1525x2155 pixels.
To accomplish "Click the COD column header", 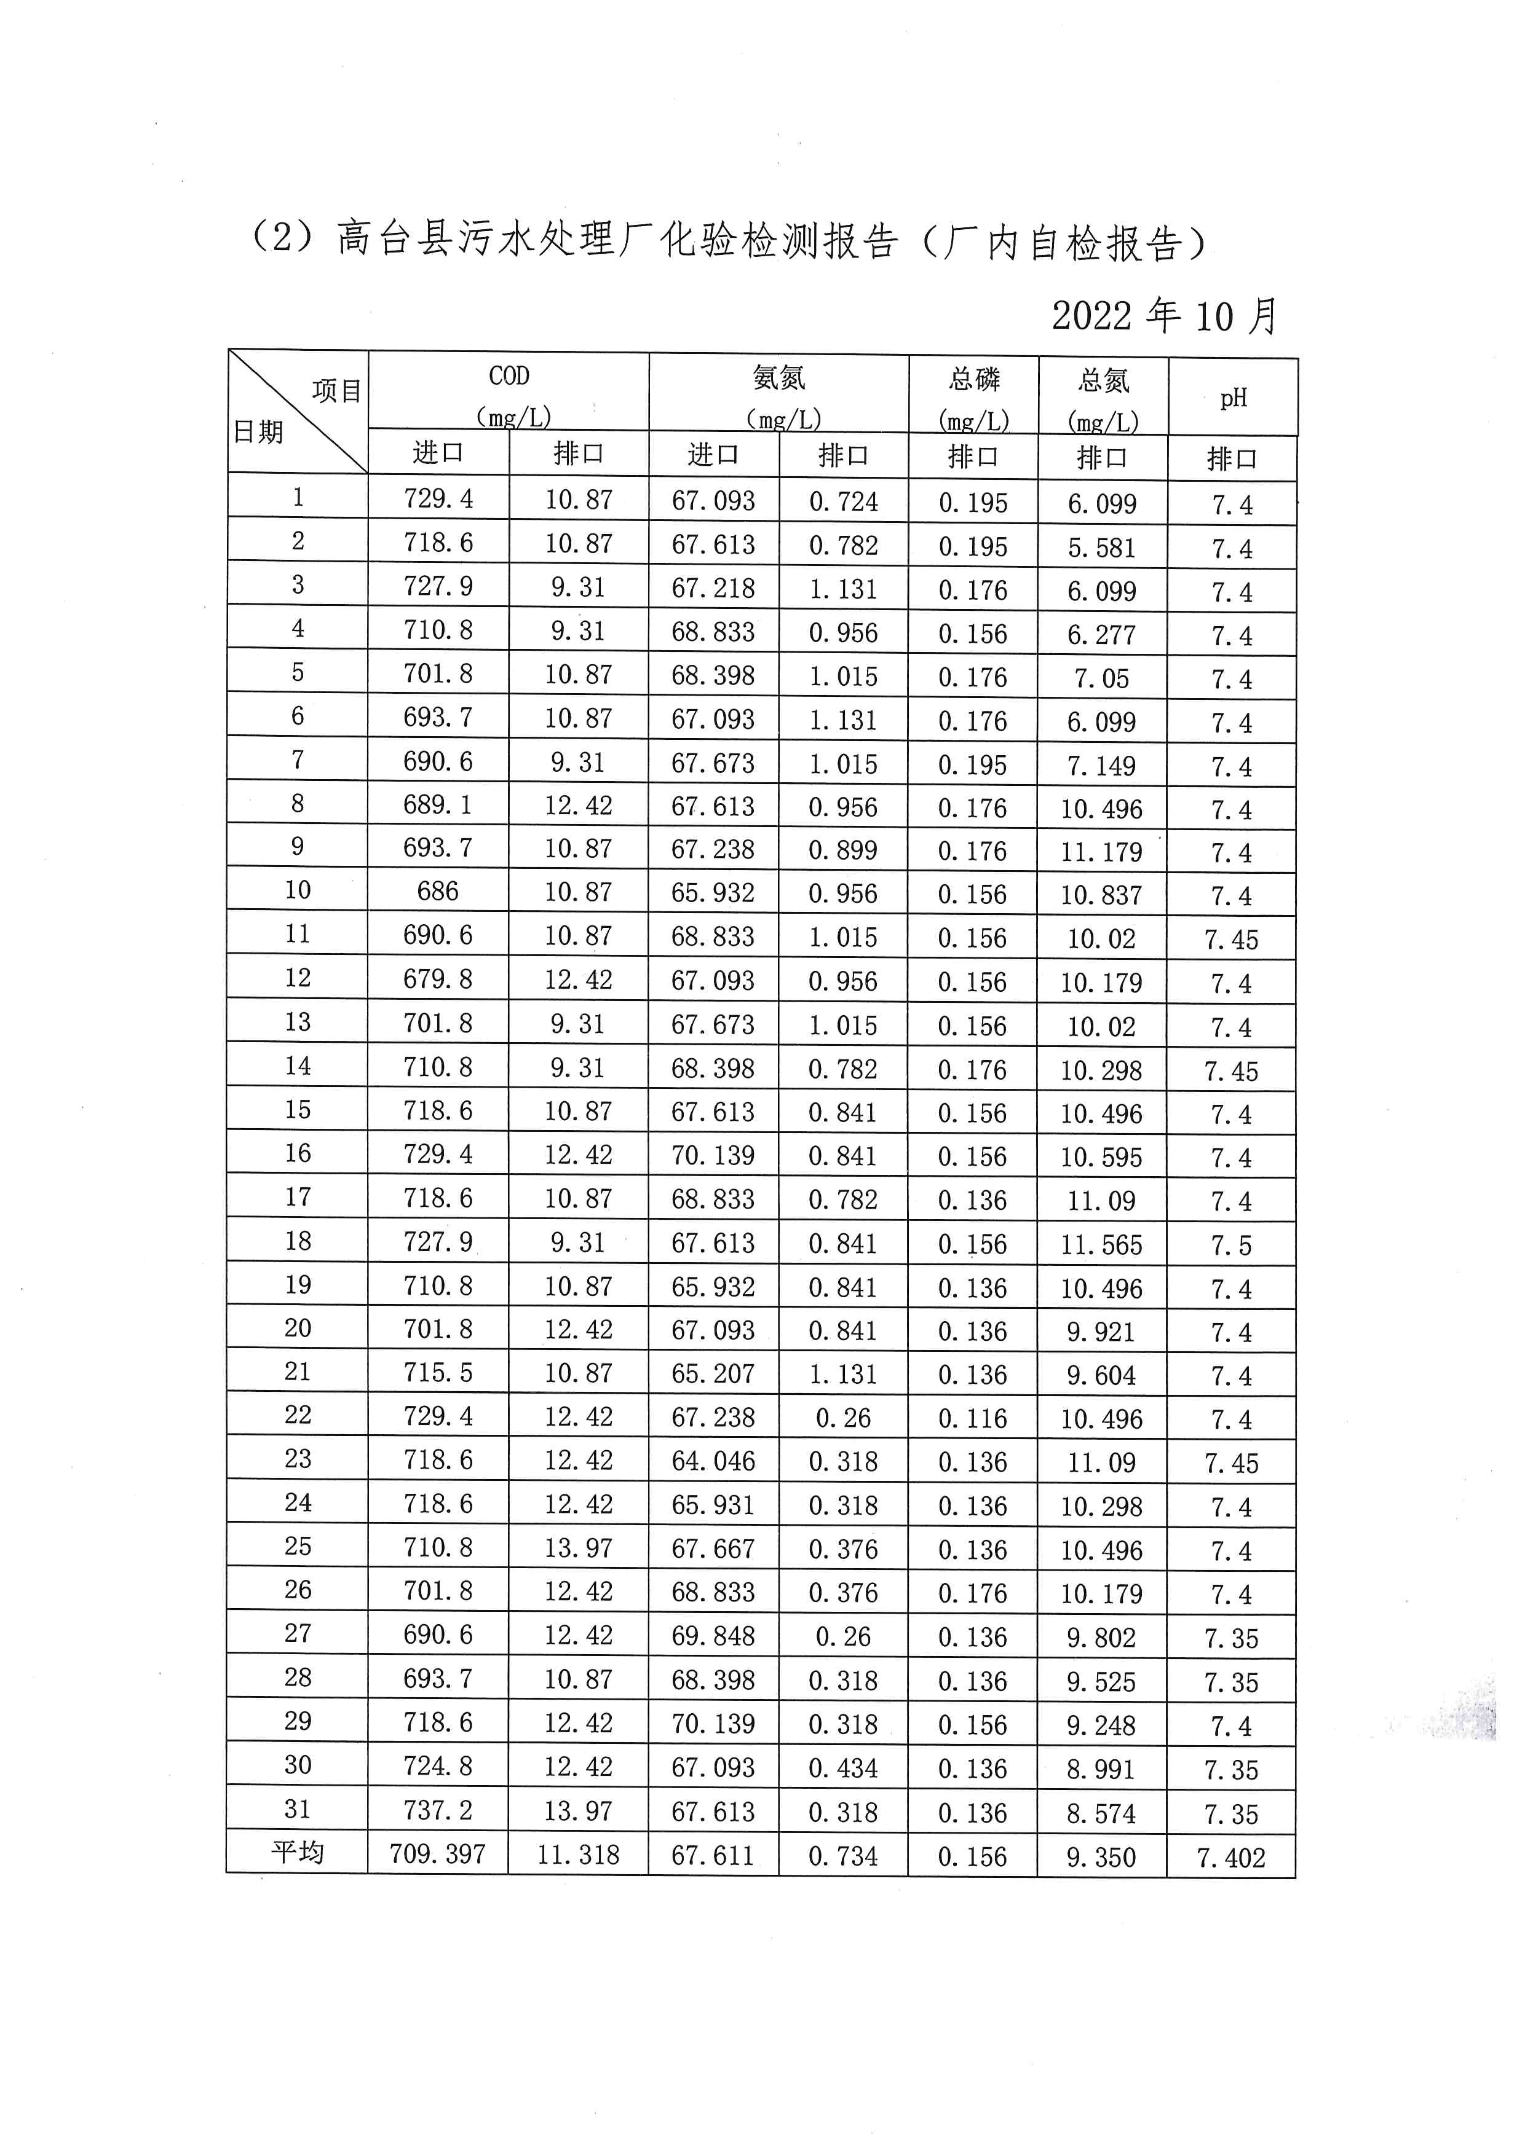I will click(509, 377).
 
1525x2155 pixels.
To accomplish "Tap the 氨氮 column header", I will click(778, 379).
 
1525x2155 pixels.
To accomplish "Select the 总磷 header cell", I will click(974, 380).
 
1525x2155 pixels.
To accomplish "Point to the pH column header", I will click(1233, 398).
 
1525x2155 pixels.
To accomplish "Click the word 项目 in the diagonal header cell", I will click(337, 390).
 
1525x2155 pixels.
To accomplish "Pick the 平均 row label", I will click(298, 1852).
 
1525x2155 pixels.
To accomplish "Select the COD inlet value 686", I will click(438, 891).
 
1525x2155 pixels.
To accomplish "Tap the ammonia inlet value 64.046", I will click(713, 1461).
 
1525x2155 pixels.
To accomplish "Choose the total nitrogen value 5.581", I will click(1101, 547).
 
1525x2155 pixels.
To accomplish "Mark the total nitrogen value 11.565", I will click(1101, 1244).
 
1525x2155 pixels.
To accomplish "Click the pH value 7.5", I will click(1231, 1246).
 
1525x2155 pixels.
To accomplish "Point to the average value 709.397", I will click(438, 1854).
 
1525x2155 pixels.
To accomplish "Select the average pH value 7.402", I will click(1231, 1858).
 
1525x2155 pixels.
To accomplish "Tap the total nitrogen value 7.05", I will click(1101, 678).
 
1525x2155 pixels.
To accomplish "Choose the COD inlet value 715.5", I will click(438, 1372).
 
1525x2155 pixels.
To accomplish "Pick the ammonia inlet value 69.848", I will click(713, 1635).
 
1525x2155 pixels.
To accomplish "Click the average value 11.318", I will click(579, 1855).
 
